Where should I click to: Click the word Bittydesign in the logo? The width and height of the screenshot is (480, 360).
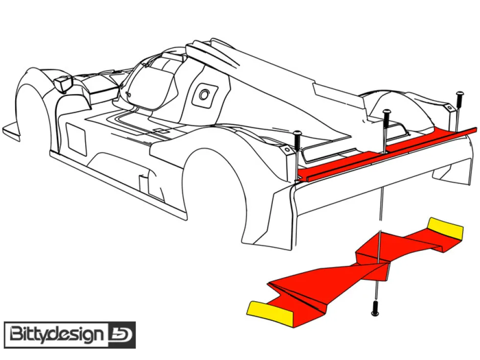[56, 335]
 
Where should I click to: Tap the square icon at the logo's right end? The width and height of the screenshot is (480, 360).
[121, 335]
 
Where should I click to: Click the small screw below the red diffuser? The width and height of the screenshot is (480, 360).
[375, 308]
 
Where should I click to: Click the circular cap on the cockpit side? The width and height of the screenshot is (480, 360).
[204, 95]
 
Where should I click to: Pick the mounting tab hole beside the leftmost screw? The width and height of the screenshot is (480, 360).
[287, 149]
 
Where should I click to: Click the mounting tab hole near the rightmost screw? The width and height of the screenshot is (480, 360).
[450, 108]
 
